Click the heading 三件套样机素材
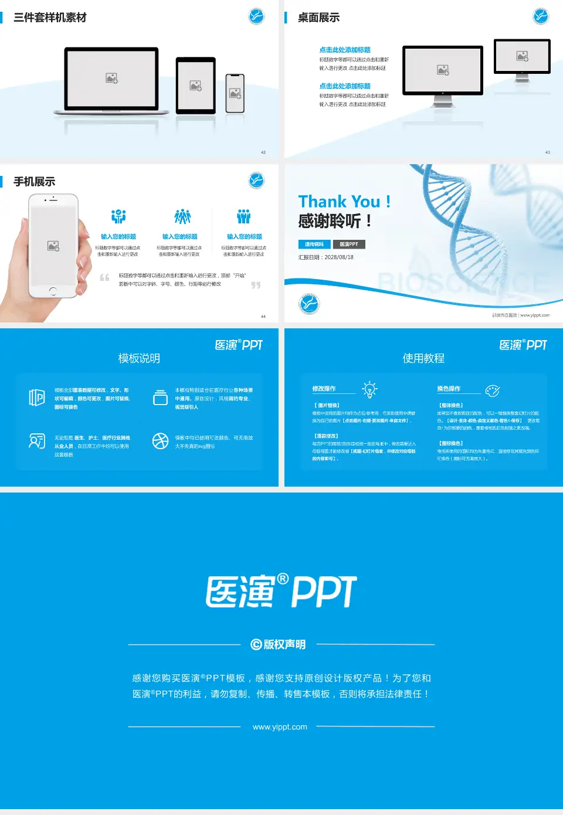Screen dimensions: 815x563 pos(50,18)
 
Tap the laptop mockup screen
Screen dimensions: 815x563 pos(111,77)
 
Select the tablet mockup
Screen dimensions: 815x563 pos(196,86)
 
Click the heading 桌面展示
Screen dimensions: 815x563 pos(318,18)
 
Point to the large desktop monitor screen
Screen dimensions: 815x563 pos(443,70)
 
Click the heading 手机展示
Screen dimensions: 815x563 pos(35,182)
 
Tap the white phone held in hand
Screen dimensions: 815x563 pos(53,246)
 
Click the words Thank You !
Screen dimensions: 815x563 pos(344,202)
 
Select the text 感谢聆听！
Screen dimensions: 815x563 pos(335,221)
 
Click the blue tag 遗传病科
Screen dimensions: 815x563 pos(314,244)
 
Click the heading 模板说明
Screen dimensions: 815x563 pos(139,358)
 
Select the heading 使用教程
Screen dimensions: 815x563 pos(423,358)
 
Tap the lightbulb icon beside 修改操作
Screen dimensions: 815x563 pos(369,389)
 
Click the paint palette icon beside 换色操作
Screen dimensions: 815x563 pos(493,390)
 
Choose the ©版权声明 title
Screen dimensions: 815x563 pos(279,644)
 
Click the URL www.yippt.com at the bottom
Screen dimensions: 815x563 pos(280,727)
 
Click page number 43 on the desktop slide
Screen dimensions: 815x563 pos(548,152)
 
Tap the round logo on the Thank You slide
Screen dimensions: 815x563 pos(309,304)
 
